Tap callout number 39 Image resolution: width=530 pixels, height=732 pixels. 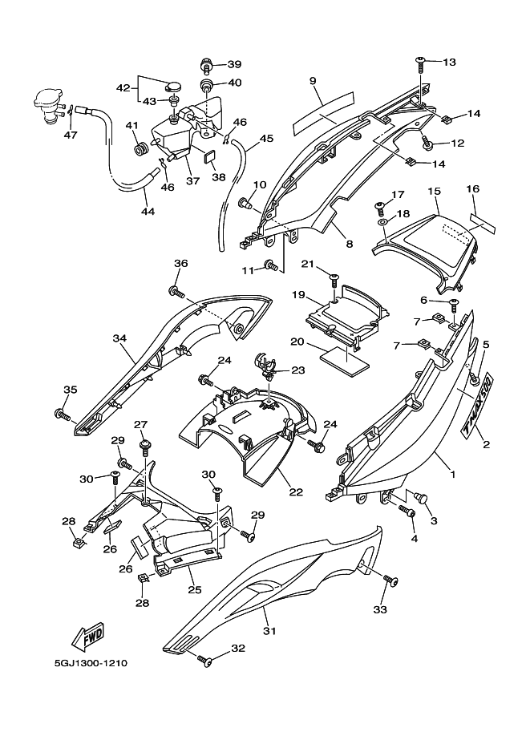[x=233, y=64]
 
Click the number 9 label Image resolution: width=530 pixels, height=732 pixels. [x=313, y=81]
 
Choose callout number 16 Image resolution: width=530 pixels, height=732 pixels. [x=472, y=188]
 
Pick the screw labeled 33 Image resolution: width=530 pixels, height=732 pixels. [x=390, y=580]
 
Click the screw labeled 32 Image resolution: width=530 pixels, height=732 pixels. [x=206, y=661]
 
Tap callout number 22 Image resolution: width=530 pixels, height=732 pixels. [x=296, y=491]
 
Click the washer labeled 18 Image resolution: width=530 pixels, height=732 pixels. [x=382, y=220]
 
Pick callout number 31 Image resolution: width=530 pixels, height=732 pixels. [x=269, y=631]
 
